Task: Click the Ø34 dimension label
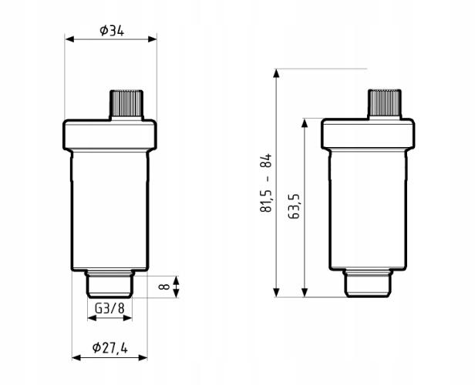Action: (112, 31)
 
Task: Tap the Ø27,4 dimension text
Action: (109, 348)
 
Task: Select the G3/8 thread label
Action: (109, 309)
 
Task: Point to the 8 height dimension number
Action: (164, 286)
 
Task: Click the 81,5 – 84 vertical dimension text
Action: (266, 183)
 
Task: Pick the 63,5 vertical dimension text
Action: (294, 206)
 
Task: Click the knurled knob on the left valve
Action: (126, 103)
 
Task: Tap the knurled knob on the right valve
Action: (385, 102)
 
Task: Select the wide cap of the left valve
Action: (109, 135)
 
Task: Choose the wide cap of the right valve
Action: (368, 134)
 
